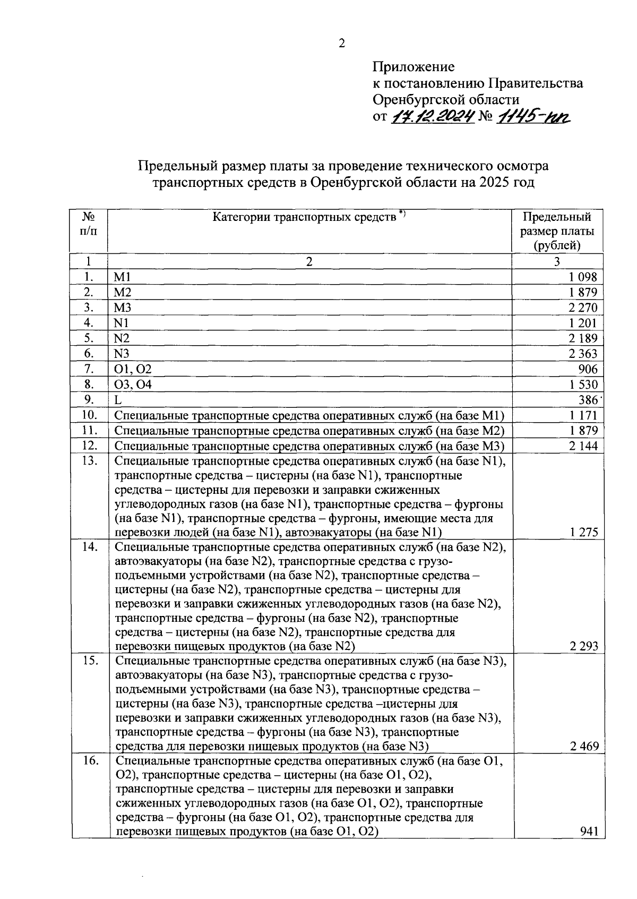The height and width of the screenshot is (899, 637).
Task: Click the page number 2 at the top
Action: pyautogui.click(x=342, y=44)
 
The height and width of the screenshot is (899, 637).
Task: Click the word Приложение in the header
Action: pyautogui.click(x=414, y=67)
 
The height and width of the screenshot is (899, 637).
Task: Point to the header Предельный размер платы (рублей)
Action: pyautogui.click(x=557, y=231)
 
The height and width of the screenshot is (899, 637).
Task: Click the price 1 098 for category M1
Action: pyautogui.click(x=583, y=277)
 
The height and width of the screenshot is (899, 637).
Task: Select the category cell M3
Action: pyautogui.click(x=123, y=308)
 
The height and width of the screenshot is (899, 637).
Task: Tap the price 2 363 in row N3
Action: pyautogui.click(x=583, y=354)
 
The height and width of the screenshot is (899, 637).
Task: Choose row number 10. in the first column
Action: pyautogui.click(x=89, y=415)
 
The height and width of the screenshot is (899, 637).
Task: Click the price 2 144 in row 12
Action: pyautogui.click(x=583, y=446)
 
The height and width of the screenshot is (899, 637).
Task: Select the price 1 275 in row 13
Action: pyautogui.click(x=583, y=533)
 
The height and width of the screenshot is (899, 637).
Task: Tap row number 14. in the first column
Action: pyautogui.click(x=89, y=547)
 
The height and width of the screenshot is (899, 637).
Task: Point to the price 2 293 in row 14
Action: pyautogui.click(x=583, y=647)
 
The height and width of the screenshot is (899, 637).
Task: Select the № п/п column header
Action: pyautogui.click(x=89, y=225)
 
